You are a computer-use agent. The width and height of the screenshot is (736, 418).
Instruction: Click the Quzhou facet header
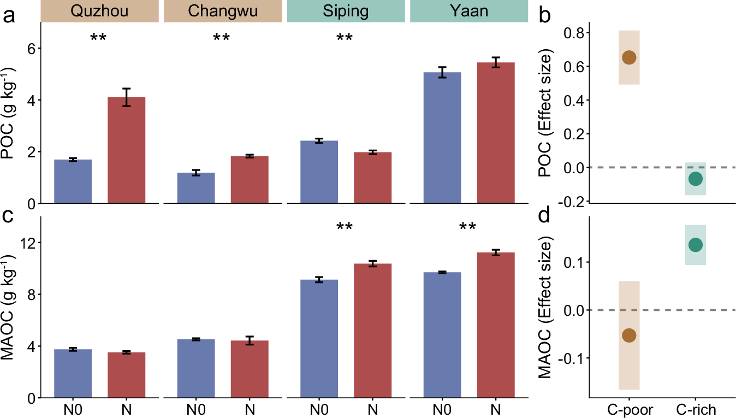[99, 11]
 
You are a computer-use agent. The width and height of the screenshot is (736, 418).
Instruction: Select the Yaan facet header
[469, 11]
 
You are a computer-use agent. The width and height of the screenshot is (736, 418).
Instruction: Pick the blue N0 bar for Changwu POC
[196, 188]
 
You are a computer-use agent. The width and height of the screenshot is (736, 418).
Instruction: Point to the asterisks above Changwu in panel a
[221, 38]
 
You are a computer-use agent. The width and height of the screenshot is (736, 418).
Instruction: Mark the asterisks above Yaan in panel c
[468, 227]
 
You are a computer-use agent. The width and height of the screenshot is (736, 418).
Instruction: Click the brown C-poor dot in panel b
[628, 57]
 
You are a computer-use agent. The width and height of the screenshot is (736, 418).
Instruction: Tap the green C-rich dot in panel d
[695, 245]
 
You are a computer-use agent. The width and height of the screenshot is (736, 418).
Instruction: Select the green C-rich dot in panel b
[695, 179]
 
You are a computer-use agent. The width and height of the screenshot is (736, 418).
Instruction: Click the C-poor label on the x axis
[628, 409]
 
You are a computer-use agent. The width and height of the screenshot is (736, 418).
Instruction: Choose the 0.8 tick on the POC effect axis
[574, 33]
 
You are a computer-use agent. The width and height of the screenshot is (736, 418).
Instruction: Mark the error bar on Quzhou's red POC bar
[126, 97]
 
